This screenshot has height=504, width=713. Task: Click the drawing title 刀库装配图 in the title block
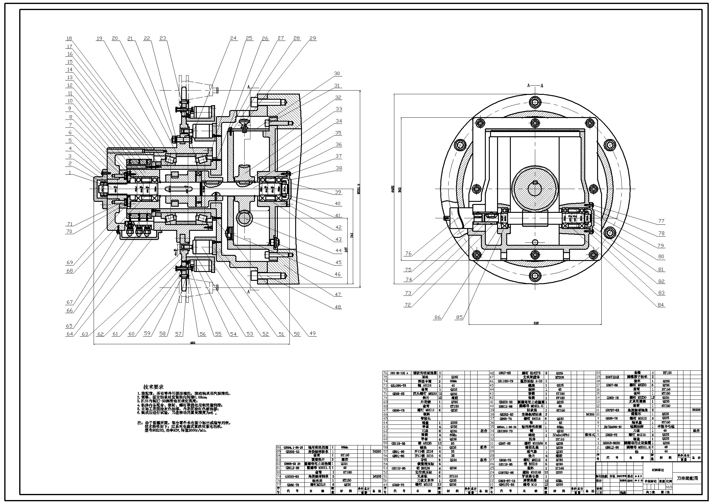pos(686,478)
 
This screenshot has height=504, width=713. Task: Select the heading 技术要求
pos(153,387)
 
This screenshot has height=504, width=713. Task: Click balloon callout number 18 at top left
pos(69,39)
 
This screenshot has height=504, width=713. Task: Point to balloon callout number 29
pos(313,38)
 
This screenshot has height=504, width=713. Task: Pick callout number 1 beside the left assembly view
pos(70,172)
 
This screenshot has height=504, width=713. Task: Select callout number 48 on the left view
pos(338,307)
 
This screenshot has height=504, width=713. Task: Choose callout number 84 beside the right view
pos(661,305)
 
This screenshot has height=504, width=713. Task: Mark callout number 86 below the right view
pos(438,317)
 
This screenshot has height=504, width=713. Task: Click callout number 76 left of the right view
pos(408,254)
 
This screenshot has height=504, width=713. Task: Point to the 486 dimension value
pos(192,343)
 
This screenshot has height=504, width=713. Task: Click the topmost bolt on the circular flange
pos(535,101)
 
